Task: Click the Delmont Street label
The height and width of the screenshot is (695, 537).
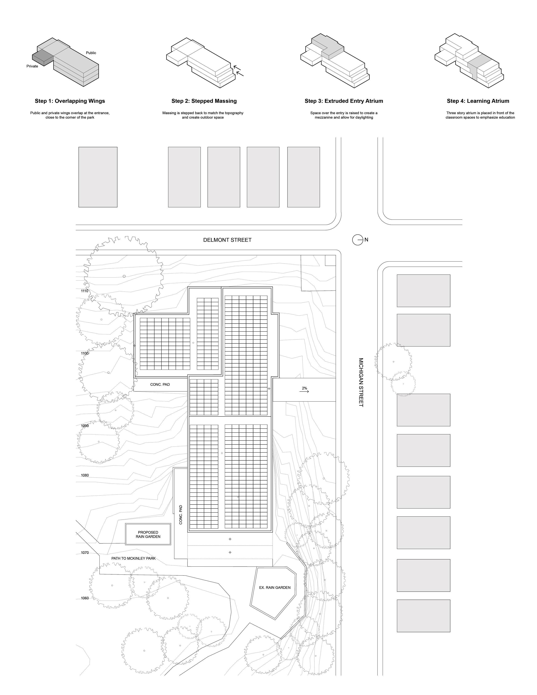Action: coord(227,240)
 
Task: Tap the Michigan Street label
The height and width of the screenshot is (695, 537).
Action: coord(361,382)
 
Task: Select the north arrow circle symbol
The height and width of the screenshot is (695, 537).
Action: coord(358,240)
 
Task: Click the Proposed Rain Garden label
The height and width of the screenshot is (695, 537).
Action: coord(148,534)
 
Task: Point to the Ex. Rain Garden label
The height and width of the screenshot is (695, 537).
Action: coord(274,587)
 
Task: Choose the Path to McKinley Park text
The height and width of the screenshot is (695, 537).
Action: coord(133,558)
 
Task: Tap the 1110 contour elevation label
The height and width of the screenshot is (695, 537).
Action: coord(84,291)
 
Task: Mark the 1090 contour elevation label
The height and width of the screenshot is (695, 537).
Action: coord(84,426)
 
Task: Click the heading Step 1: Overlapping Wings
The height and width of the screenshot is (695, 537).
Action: coord(70,101)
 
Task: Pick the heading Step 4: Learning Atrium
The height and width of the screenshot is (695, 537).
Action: coord(478,101)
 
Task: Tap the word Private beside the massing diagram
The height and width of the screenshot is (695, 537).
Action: coord(32,66)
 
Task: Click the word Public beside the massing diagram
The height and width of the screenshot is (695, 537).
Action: coord(91,53)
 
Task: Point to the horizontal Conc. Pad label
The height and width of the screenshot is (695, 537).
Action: coord(160,384)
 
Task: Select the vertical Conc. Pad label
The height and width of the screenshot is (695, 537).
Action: coord(181,515)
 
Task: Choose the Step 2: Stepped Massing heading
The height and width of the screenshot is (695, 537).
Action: coord(204,101)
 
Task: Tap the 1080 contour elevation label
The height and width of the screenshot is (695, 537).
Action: coord(85,475)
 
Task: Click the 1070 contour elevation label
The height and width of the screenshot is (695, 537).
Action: coord(85,552)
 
